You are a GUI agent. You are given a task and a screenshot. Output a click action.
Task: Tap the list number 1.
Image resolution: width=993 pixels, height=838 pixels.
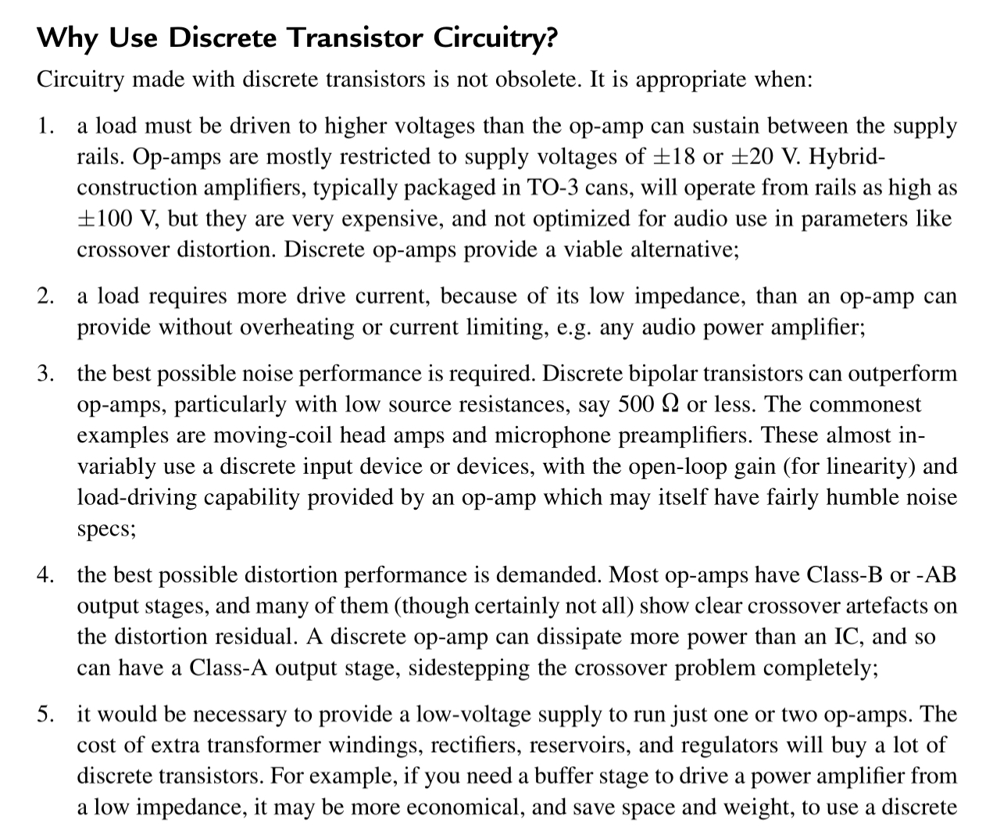coord(46,126)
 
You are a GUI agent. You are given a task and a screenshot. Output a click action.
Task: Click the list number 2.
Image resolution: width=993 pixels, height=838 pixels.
coord(46,296)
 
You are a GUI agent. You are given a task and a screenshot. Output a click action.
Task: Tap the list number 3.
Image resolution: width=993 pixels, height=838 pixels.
coord(46,374)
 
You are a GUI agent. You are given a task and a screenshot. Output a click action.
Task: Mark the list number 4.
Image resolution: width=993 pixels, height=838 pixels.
coord(46,575)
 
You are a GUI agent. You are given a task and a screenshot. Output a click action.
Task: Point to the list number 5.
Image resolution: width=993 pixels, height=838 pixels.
coord(46,714)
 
